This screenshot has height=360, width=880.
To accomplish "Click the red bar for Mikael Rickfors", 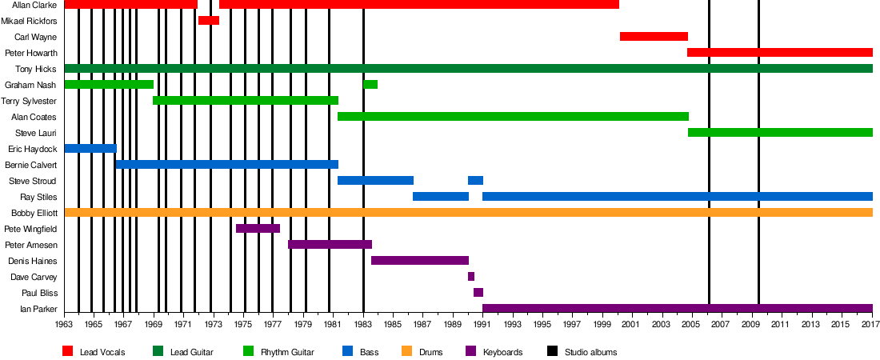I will pyautogui.click(x=208, y=20).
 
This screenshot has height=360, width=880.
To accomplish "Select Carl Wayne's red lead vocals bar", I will pyautogui.click(x=654, y=36).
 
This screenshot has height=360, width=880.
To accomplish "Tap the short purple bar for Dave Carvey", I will pyautogui.click(x=471, y=276).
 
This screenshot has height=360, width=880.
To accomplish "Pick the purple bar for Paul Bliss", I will pyautogui.click(x=478, y=292).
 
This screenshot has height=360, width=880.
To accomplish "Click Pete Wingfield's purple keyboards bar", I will pyautogui.click(x=258, y=228).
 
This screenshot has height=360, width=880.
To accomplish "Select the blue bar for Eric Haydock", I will pyautogui.click(x=90, y=148).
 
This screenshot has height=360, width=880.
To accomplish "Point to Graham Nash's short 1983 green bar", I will pyautogui.click(x=370, y=84).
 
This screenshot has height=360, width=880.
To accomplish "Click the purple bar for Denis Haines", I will pyautogui.click(x=420, y=260).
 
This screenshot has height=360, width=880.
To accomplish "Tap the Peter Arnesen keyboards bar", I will pyautogui.click(x=330, y=244).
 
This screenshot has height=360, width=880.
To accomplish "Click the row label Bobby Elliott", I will pyautogui.click(x=34, y=213).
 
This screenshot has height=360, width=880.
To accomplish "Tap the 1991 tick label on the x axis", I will pyautogui.click(x=482, y=324).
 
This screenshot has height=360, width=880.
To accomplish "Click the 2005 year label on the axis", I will pyautogui.click(x=691, y=324).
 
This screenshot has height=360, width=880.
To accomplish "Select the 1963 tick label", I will pyautogui.click(x=64, y=324).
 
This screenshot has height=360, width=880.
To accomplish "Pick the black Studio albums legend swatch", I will pyautogui.click(x=553, y=351).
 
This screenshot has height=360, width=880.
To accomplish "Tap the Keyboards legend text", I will pyautogui.click(x=503, y=352).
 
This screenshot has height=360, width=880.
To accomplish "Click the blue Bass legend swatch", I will pyautogui.click(x=347, y=351).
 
